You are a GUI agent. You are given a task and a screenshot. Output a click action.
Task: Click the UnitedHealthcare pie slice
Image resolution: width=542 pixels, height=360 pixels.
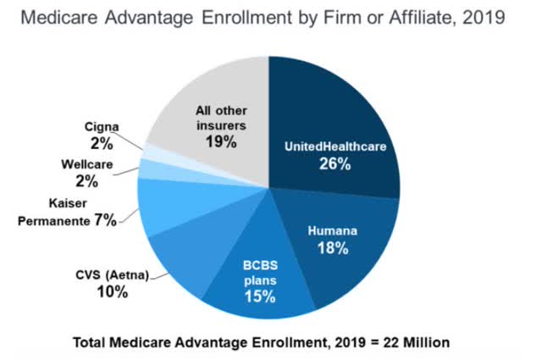(x=339, y=119)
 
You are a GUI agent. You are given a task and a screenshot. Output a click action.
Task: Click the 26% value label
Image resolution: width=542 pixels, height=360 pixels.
(x=335, y=163)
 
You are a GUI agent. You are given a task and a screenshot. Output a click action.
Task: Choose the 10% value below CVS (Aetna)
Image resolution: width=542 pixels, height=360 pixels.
(x=111, y=291)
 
